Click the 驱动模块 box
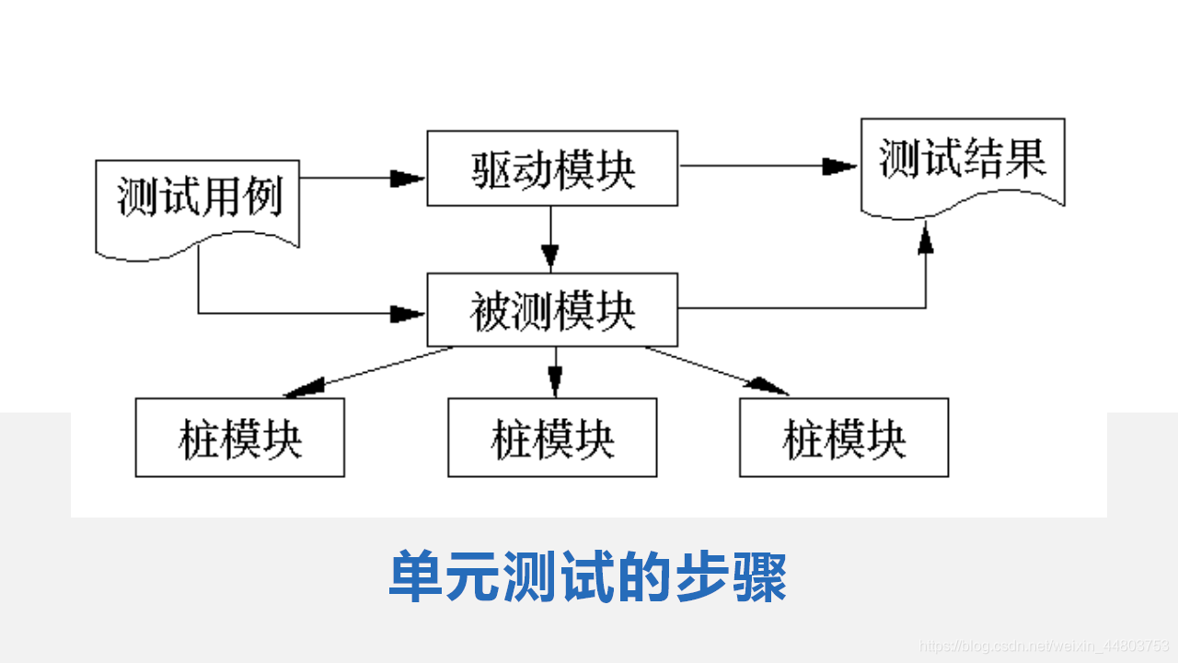point(552,168)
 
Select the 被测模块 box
point(552,310)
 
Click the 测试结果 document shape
point(962,164)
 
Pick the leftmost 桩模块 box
point(239,437)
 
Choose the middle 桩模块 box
point(552,437)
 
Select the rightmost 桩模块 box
point(843,437)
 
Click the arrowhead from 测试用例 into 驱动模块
point(407,178)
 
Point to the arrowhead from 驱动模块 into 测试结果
point(840,167)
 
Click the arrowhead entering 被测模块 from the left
point(407,314)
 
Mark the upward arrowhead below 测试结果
point(926,241)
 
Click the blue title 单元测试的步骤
point(587,578)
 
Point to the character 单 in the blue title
point(415,578)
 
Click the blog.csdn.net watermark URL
point(1045,646)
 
